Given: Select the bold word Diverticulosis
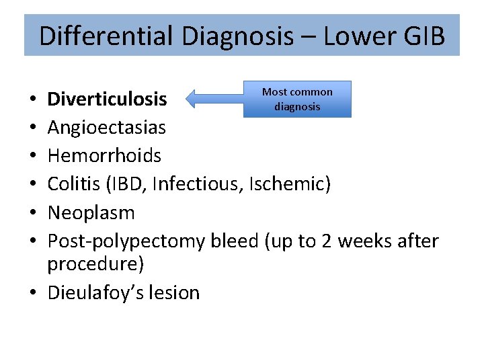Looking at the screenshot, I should [107, 99].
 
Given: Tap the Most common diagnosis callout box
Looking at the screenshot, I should [297, 99].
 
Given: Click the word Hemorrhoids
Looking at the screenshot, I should [104, 156].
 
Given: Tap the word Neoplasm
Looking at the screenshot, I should [91, 213].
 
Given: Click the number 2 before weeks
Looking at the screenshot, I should [327, 241].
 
